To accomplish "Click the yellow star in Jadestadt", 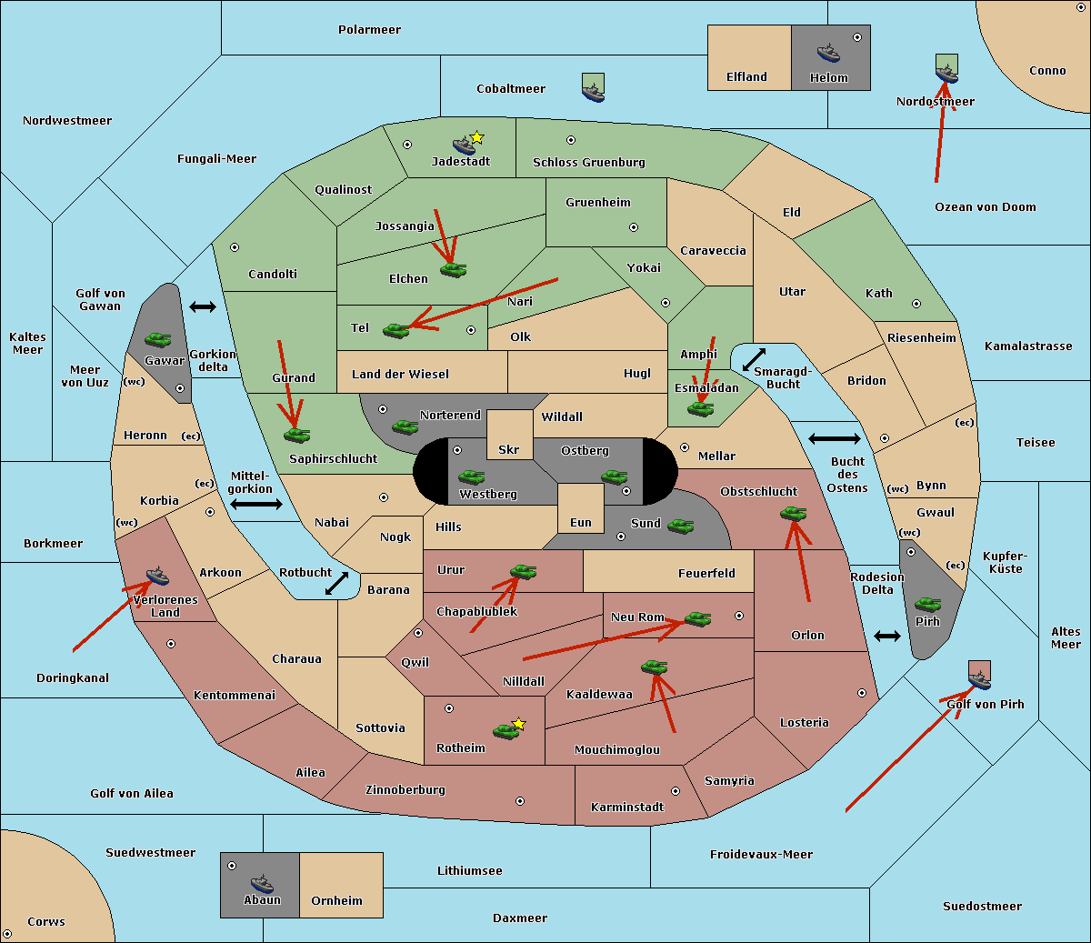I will click(x=477, y=137).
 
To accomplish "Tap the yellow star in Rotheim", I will click(x=518, y=724).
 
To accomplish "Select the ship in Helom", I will click(x=827, y=53).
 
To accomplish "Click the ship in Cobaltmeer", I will click(x=593, y=90).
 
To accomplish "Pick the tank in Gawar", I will click(x=157, y=339).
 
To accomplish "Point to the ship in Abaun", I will click(x=262, y=883).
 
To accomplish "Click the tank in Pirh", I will click(x=927, y=604).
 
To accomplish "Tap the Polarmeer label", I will click(x=369, y=30).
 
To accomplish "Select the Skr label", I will click(x=508, y=449).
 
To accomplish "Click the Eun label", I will click(x=580, y=523).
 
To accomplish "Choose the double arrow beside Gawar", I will click(x=202, y=307).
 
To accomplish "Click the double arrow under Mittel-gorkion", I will click(x=256, y=504).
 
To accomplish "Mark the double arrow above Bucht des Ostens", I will click(x=834, y=439).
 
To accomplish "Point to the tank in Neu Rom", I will click(x=697, y=618).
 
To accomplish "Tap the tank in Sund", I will click(x=680, y=525).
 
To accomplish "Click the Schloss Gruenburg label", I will click(x=588, y=163).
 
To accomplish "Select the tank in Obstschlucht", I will click(x=793, y=513).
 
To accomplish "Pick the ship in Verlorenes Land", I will click(x=157, y=576).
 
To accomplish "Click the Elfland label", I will click(x=746, y=77).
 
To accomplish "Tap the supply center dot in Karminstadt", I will click(x=676, y=791).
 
